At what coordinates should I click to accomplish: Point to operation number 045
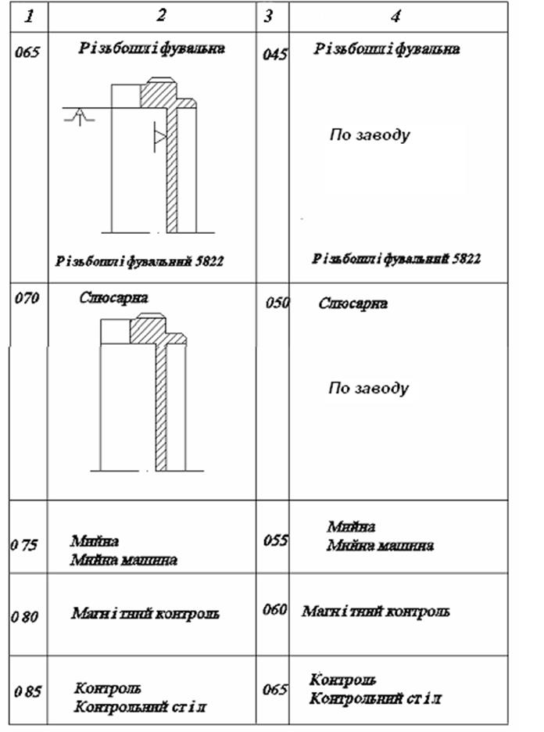coord(277,55)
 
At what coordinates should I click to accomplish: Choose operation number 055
coord(277,540)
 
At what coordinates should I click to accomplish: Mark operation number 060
coord(275,610)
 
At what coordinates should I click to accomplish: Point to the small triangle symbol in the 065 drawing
coord(159,137)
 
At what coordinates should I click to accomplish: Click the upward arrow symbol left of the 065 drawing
coord(78,117)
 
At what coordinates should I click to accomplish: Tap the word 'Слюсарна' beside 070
coord(114,297)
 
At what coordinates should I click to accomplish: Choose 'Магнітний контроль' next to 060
coord(375,611)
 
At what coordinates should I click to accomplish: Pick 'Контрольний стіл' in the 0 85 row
coord(140,707)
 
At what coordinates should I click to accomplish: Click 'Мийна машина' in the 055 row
coord(380,545)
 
